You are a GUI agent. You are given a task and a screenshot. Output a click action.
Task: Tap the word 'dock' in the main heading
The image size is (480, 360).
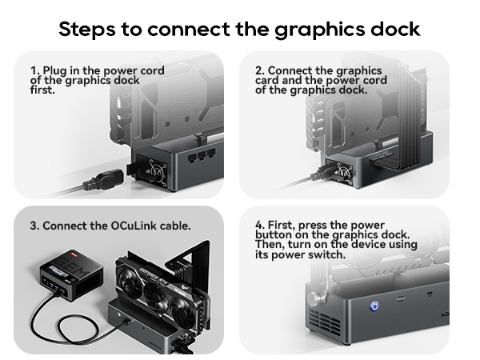[395, 29]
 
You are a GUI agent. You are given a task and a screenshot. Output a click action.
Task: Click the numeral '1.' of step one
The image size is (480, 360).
[34, 70]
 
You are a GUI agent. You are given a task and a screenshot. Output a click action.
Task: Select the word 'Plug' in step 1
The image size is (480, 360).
[55, 70]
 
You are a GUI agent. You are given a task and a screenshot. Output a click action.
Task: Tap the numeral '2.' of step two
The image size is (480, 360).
[260, 70]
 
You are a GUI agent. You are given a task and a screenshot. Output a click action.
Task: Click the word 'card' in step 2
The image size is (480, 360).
[270, 80]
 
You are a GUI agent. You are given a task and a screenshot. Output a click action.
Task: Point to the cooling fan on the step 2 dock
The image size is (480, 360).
[345, 171]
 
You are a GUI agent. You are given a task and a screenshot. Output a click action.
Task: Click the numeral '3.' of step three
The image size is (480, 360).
[34, 226]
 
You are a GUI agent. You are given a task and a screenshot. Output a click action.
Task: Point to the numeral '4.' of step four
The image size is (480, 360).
[260, 225]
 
